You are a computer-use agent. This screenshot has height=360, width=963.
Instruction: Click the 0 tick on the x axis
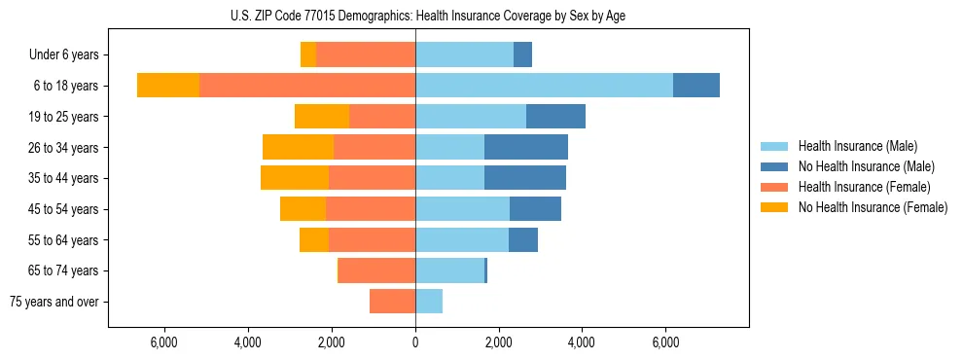tap(415, 342)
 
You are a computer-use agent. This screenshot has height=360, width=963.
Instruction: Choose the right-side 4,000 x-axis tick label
tap(582, 342)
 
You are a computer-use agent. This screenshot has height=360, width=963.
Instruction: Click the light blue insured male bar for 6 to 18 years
tap(544, 86)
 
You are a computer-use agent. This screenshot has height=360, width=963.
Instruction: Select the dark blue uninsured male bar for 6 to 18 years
tap(696, 86)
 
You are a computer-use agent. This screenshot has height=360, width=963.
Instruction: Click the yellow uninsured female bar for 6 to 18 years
tap(168, 86)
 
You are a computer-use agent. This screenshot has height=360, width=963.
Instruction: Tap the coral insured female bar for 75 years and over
tap(392, 302)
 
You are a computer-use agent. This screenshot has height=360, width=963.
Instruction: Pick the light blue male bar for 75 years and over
tap(429, 302)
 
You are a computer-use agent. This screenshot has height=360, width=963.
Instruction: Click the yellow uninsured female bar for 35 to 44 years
tap(295, 178)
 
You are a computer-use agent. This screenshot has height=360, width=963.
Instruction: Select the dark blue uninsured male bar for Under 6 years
tap(522, 55)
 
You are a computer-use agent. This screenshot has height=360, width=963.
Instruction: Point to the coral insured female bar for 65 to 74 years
tap(376, 270)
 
